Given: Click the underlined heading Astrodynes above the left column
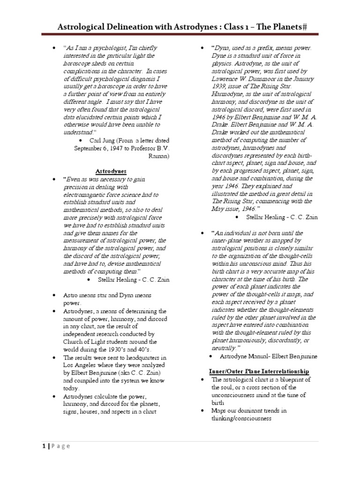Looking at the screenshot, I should [111, 171].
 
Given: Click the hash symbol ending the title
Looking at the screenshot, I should [304, 28].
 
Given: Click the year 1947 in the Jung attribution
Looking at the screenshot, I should [124, 148].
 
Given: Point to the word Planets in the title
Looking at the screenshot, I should [280, 28].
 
